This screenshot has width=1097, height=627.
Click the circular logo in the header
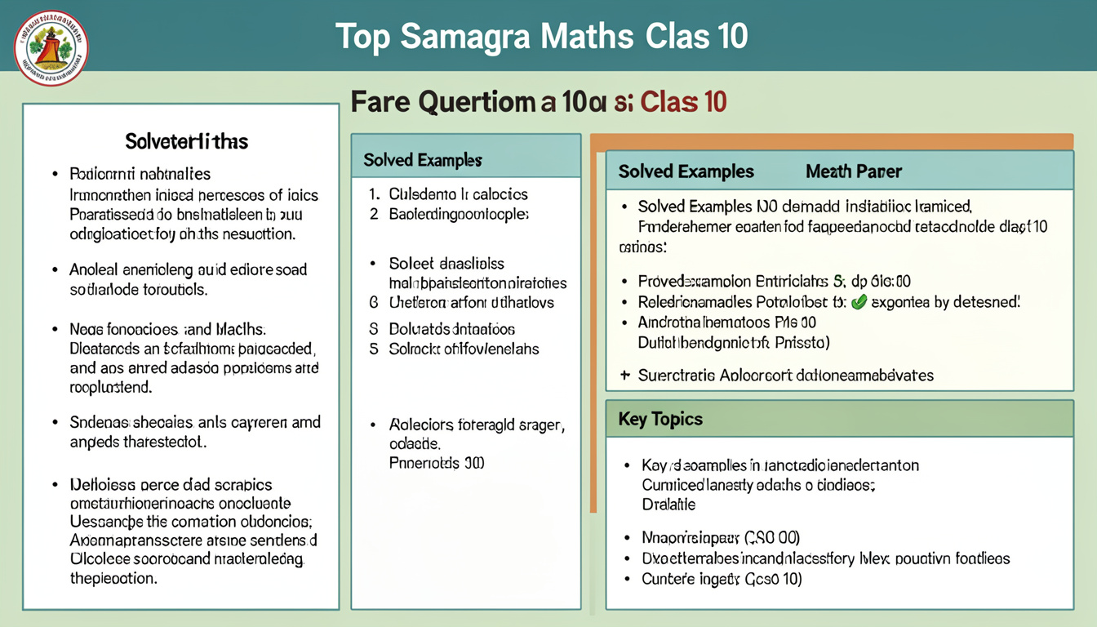click(51, 48)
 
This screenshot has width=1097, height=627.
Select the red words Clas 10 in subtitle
click(684, 103)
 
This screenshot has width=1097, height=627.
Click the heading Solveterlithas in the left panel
click(186, 142)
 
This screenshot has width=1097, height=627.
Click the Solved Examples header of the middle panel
click(422, 160)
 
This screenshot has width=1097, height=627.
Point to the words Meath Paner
click(853, 171)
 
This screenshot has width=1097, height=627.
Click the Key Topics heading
click(660, 419)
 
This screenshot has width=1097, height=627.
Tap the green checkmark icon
click(858, 302)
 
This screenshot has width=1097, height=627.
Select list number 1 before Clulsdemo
click(373, 194)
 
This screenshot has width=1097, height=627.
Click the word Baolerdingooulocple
click(459, 215)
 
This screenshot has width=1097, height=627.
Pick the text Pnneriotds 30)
click(436, 463)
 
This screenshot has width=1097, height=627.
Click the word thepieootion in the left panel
click(113, 578)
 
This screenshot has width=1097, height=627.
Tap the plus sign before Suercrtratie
click(624, 376)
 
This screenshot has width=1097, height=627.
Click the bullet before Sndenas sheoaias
click(55, 423)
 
